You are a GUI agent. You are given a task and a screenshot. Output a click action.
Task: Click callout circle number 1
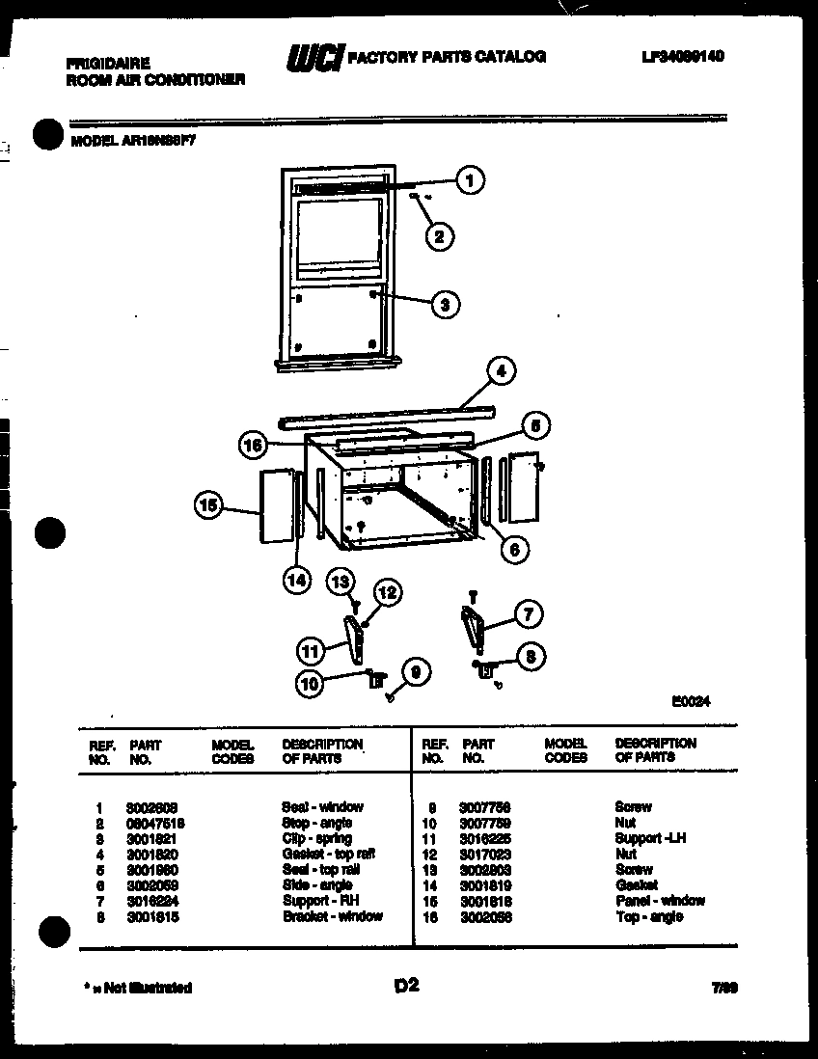[x=470, y=179]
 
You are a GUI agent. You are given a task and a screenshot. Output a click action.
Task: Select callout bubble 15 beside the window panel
[x=209, y=503]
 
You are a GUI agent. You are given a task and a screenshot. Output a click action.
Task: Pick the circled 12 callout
[x=386, y=594]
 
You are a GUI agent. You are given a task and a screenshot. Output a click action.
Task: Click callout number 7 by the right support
[x=528, y=613]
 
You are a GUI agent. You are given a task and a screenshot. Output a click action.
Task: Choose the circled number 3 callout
[x=444, y=305]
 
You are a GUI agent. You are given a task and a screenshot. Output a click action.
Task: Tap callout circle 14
[x=297, y=579]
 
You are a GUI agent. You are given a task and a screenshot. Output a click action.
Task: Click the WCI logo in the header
[x=314, y=59]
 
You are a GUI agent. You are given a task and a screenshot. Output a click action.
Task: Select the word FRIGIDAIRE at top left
[x=107, y=63]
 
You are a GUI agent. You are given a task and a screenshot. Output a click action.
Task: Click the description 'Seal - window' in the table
[x=322, y=806]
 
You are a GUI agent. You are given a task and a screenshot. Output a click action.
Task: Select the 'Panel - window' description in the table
[x=660, y=900]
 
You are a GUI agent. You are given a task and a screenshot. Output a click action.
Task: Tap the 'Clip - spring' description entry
[x=316, y=838]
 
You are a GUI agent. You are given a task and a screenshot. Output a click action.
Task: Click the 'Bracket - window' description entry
[x=332, y=915]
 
